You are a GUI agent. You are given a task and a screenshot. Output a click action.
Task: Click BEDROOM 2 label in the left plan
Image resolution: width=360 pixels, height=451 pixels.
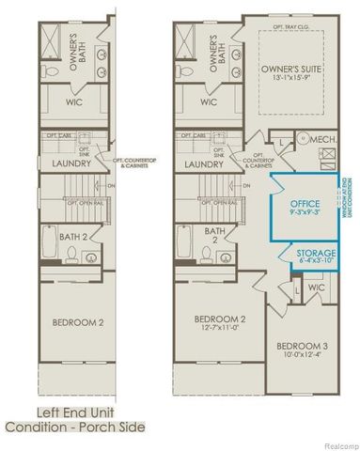point(76,323)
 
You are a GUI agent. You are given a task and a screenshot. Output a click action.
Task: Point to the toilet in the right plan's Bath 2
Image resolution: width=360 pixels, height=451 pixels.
point(230,257)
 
